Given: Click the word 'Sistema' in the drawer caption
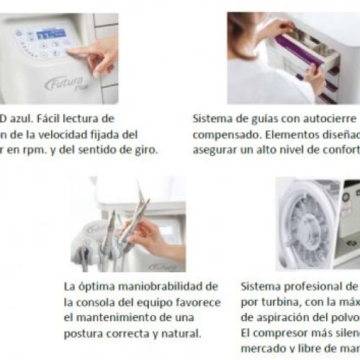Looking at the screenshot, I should pyautogui.click(x=214, y=117).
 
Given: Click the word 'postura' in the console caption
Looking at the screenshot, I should pyautogui.click(x=86, y=333).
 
